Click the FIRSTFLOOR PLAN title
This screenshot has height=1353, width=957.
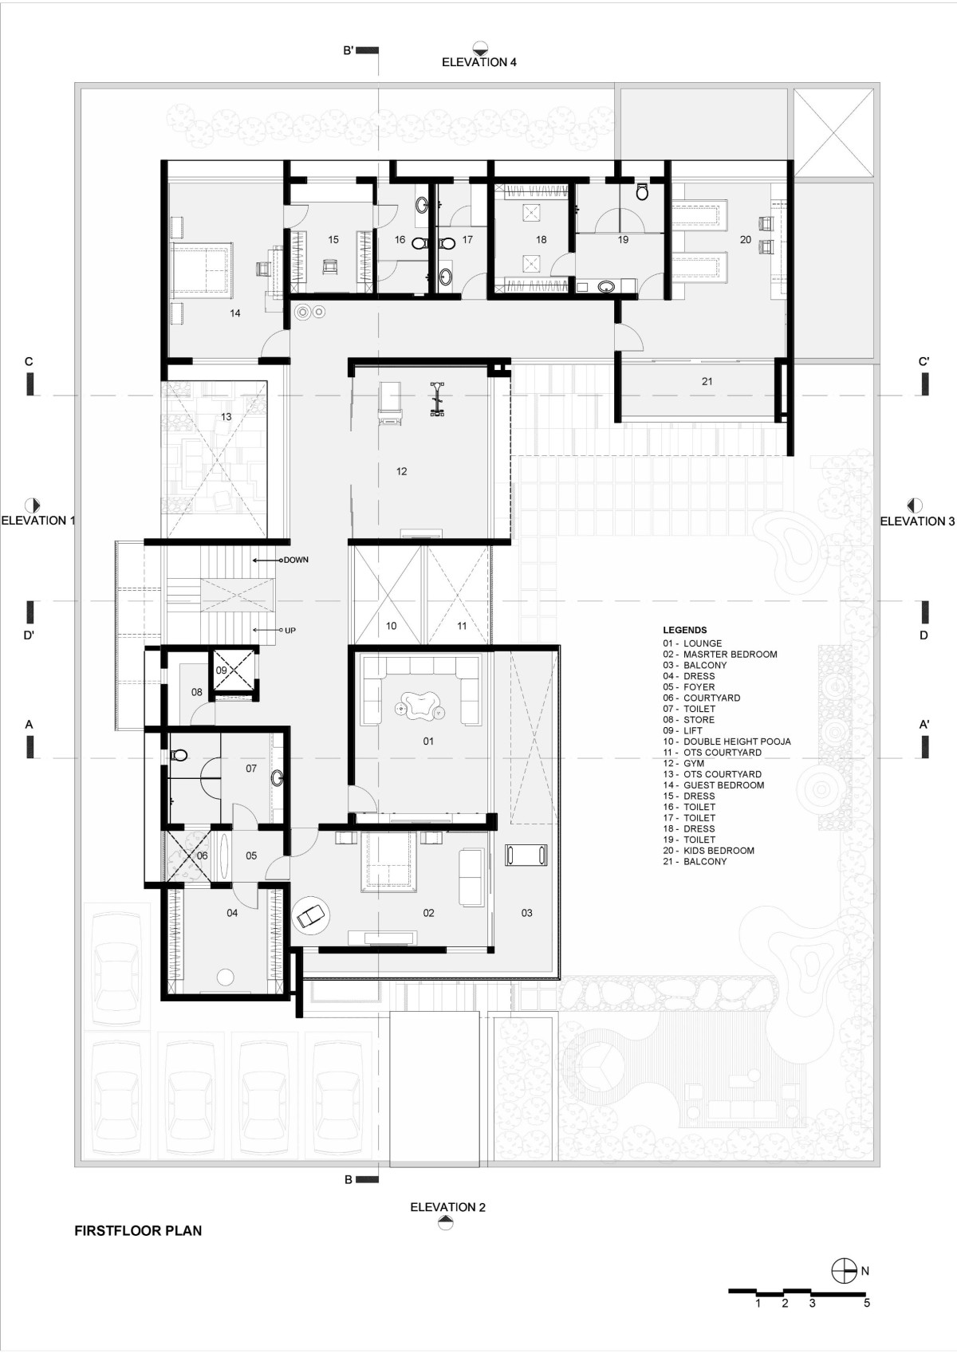tap(138, 1230)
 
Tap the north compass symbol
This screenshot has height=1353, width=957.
tap(844, 1271)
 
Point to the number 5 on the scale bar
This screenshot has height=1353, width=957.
tap(866, 1303)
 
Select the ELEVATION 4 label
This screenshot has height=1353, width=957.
tap(479, 62)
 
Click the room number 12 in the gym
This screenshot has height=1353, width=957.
tap(402, 471)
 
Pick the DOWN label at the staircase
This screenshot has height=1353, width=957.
tap(296, 560)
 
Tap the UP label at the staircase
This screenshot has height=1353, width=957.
tap(290, 631)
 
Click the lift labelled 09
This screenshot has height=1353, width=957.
tap(232, 668)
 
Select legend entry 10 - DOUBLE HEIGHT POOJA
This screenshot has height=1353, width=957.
tap(727, 741)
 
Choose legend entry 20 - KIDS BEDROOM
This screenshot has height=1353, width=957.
tap(709, 851)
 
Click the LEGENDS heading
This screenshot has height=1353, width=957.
tap(684, 630)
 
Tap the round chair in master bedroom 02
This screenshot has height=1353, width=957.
tap(311, 916)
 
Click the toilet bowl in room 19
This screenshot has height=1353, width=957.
tap(642, 192)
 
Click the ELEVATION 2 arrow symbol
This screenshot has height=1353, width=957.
tap(446, 1223)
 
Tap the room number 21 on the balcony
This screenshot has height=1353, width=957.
tap(707, 382)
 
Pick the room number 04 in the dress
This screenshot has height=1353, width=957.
tap(232, 913)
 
